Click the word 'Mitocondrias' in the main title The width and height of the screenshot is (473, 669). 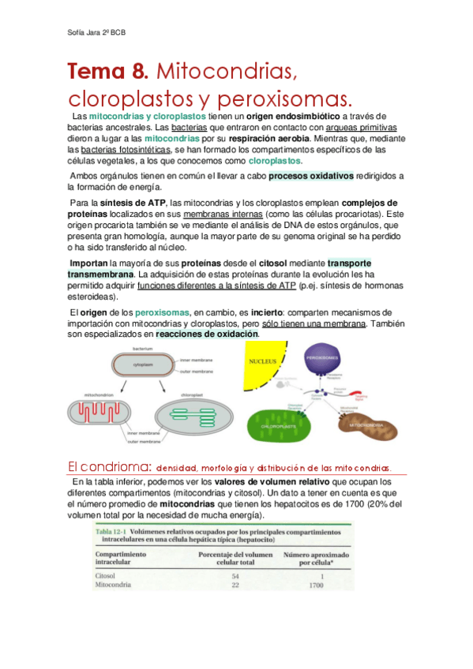(228, 73)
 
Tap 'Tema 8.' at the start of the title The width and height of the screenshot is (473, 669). (108, 73)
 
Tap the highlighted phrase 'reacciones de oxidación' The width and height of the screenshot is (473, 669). (207, 334)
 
